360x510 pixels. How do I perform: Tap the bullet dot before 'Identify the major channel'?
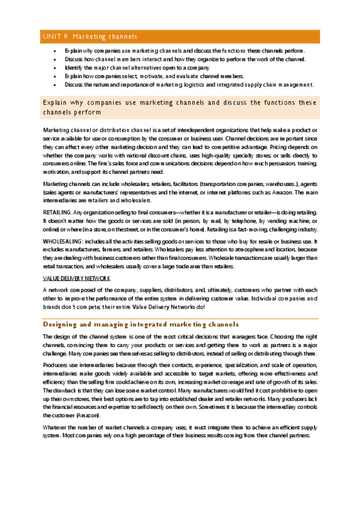pyautogui.click(x=55, y=67)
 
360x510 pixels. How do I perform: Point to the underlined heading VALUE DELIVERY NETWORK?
pyautogui.click(x=75, y=278)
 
